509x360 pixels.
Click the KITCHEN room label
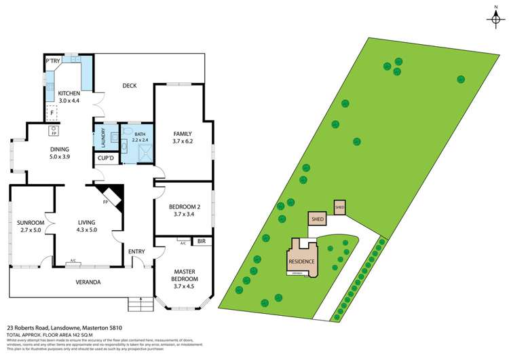pos(69,93)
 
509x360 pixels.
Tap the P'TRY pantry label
pos(54,61)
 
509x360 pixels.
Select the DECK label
pos(130,86)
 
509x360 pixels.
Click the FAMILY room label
pos(183,134)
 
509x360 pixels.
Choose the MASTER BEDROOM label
pos(183,275)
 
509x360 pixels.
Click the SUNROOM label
pos(31,223)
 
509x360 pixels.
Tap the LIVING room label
pos(86,223)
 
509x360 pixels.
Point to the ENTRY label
pos(136,252)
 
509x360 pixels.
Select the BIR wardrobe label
pos(201,241)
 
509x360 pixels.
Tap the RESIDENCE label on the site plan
pos(301,261)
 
